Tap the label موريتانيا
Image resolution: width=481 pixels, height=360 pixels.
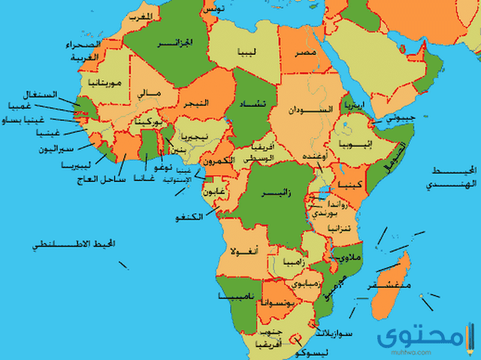tap(101, 80)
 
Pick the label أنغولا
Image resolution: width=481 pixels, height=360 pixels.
tap(245, 250)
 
